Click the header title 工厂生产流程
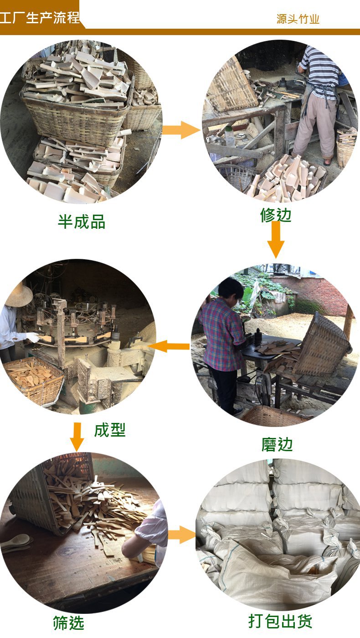point(40,18)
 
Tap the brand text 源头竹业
point(298,19)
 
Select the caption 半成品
point(82,222)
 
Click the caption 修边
point(276,215)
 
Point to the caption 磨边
point(277,445)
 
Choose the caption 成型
point(110,430)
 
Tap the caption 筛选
point(69,623)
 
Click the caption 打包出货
point(280,621)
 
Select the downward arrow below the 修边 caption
point(276,240)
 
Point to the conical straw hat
point(18,295)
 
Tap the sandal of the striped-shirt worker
point(328,162)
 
